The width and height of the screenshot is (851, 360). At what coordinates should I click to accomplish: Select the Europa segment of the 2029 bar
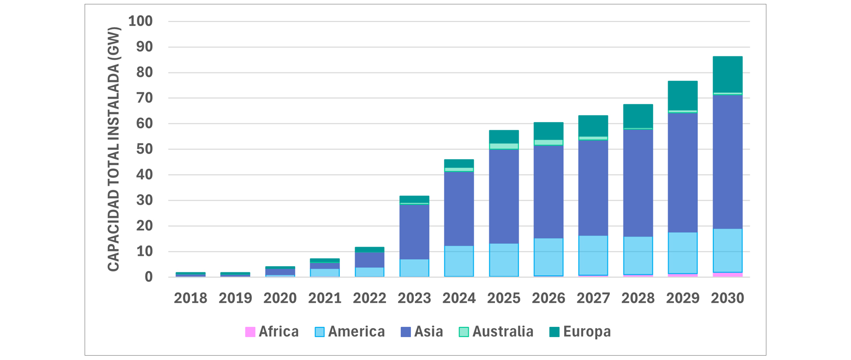(683, 96)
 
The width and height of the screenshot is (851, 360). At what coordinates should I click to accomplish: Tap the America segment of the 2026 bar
(549, 256)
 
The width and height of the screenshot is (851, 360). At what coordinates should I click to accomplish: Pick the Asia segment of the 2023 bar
(414, 232)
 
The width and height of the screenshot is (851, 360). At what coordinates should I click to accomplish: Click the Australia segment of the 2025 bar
(504, 146)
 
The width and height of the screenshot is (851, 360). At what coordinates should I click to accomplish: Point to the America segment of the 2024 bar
(459, 261)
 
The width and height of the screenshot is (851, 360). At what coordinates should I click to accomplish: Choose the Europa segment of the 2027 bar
(593, 126)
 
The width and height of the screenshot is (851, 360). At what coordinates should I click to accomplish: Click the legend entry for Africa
(272, 332)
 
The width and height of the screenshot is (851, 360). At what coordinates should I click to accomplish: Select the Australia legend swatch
(464, 332)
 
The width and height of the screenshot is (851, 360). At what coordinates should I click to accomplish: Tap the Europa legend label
(586, 332)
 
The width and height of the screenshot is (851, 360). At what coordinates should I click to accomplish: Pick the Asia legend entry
(422, 332)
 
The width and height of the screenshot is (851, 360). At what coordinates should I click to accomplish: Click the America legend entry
(350, 332)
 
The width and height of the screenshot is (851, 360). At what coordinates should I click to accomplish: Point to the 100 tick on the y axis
(141, 21)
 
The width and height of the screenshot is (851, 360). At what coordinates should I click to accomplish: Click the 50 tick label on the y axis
(144, 149)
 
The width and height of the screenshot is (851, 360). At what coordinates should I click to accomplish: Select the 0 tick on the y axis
(148, 277)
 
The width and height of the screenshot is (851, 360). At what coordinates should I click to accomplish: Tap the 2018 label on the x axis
(191, 298)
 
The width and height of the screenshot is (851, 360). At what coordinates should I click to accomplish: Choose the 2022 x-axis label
(370, 298)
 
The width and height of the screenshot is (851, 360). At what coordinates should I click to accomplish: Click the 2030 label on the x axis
(727, 298)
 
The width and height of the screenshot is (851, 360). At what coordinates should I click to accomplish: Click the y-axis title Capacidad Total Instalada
(114, 149)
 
